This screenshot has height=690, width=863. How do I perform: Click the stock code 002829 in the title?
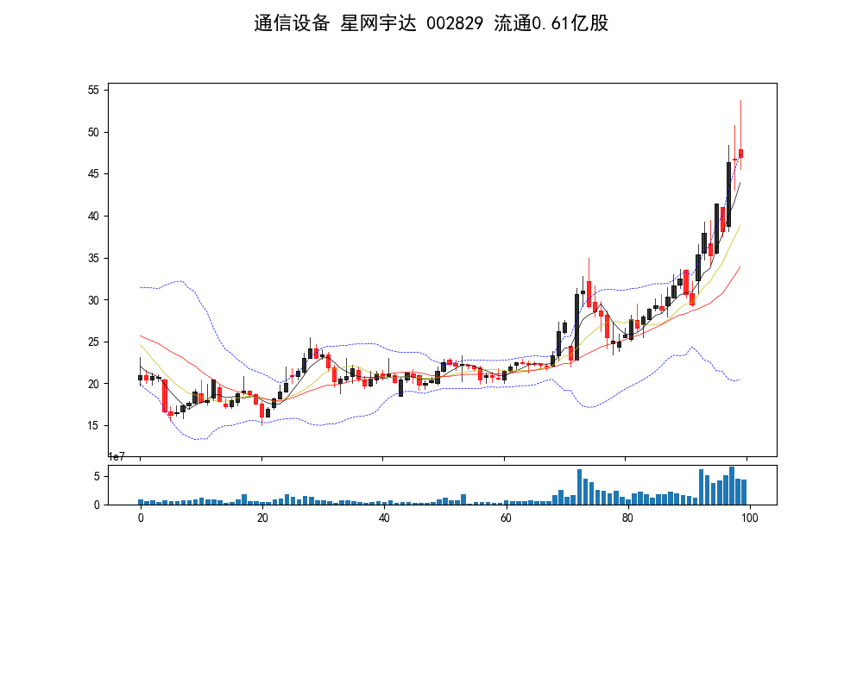click(456, 23)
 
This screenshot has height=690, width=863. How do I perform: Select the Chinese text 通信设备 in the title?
click(292, 23)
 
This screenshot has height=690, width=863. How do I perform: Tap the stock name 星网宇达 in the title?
click(379, 23)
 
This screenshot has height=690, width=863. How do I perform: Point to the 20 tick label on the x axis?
click(261, 517)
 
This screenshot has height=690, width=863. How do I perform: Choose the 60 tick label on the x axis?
click(505, 517)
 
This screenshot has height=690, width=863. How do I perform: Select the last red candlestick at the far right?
click(740, 154)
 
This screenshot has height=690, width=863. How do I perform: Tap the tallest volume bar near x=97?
click(731, 486)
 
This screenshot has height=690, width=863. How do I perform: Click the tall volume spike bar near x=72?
click(579, 486)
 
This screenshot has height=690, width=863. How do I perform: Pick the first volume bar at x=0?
click(141, 502)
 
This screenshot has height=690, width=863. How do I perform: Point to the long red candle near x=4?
click(165, 396)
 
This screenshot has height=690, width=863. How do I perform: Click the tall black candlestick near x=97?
click(728, 194)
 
